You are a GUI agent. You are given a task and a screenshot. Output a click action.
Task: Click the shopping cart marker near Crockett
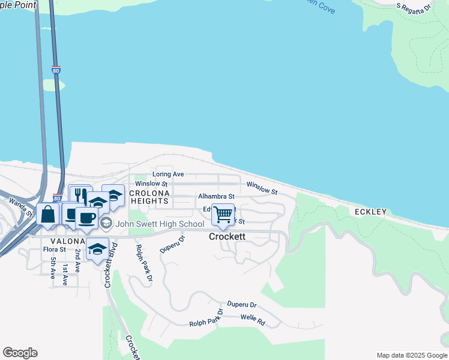tap(223, 214)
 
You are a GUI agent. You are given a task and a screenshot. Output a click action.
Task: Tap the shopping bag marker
tap(48, 214)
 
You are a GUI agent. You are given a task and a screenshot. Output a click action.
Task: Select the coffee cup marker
tap(86, 218)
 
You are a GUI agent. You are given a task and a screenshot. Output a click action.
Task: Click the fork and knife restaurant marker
tap(80, 196)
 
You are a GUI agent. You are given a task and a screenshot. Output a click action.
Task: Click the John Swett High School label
tap(160, 224)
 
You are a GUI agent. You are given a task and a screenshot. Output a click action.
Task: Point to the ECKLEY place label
tap(370, 212)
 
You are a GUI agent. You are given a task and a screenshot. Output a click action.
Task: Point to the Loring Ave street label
tap(168, 174)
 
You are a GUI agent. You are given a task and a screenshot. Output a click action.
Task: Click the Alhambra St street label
tap(216, 196)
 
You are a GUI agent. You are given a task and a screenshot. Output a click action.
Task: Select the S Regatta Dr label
tap(414, 7)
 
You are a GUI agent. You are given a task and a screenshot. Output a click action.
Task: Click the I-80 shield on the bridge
tap(56, 70)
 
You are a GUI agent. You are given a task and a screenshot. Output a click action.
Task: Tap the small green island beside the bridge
tap(53, 85)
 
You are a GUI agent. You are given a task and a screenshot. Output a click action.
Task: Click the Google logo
tap(20, 353)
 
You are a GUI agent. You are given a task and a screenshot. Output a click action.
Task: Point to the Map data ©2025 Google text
tap(411, 355)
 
